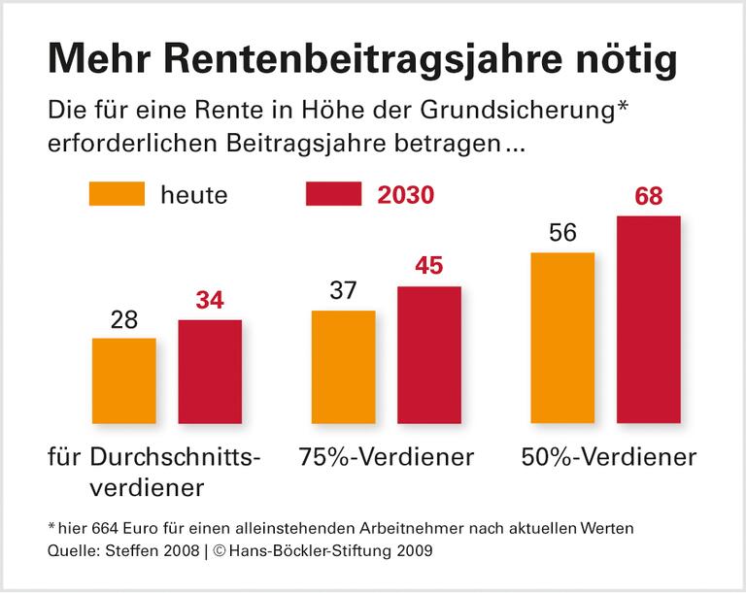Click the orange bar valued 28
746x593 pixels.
click(124, 380)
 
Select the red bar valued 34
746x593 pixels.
click(210, 371)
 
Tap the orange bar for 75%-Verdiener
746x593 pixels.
click(343, 367)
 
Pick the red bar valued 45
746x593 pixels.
click(428, 354)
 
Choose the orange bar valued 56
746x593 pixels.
click(562, 338)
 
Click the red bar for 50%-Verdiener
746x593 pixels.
click(648, 319)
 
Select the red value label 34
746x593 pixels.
click(210, 301)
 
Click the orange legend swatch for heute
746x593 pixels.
click(117, 194)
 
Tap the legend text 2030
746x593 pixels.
click(405, 195)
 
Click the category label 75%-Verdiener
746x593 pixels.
click(387, 456)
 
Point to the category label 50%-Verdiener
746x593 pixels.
click(608, 456)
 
